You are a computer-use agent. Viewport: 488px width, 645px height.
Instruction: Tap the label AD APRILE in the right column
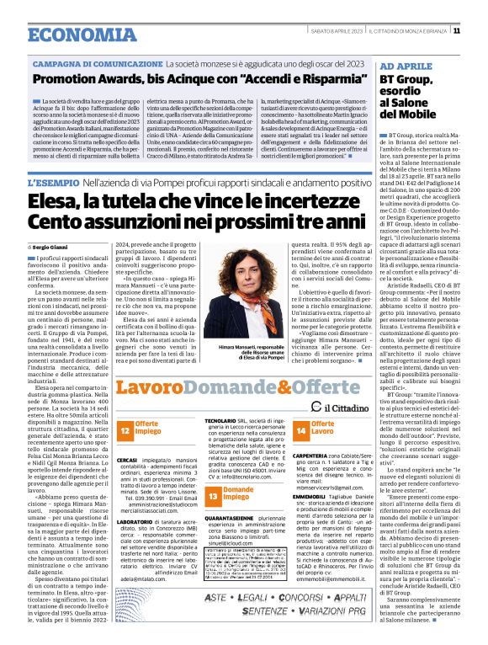pyautogui.click(x=405, y=65)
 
